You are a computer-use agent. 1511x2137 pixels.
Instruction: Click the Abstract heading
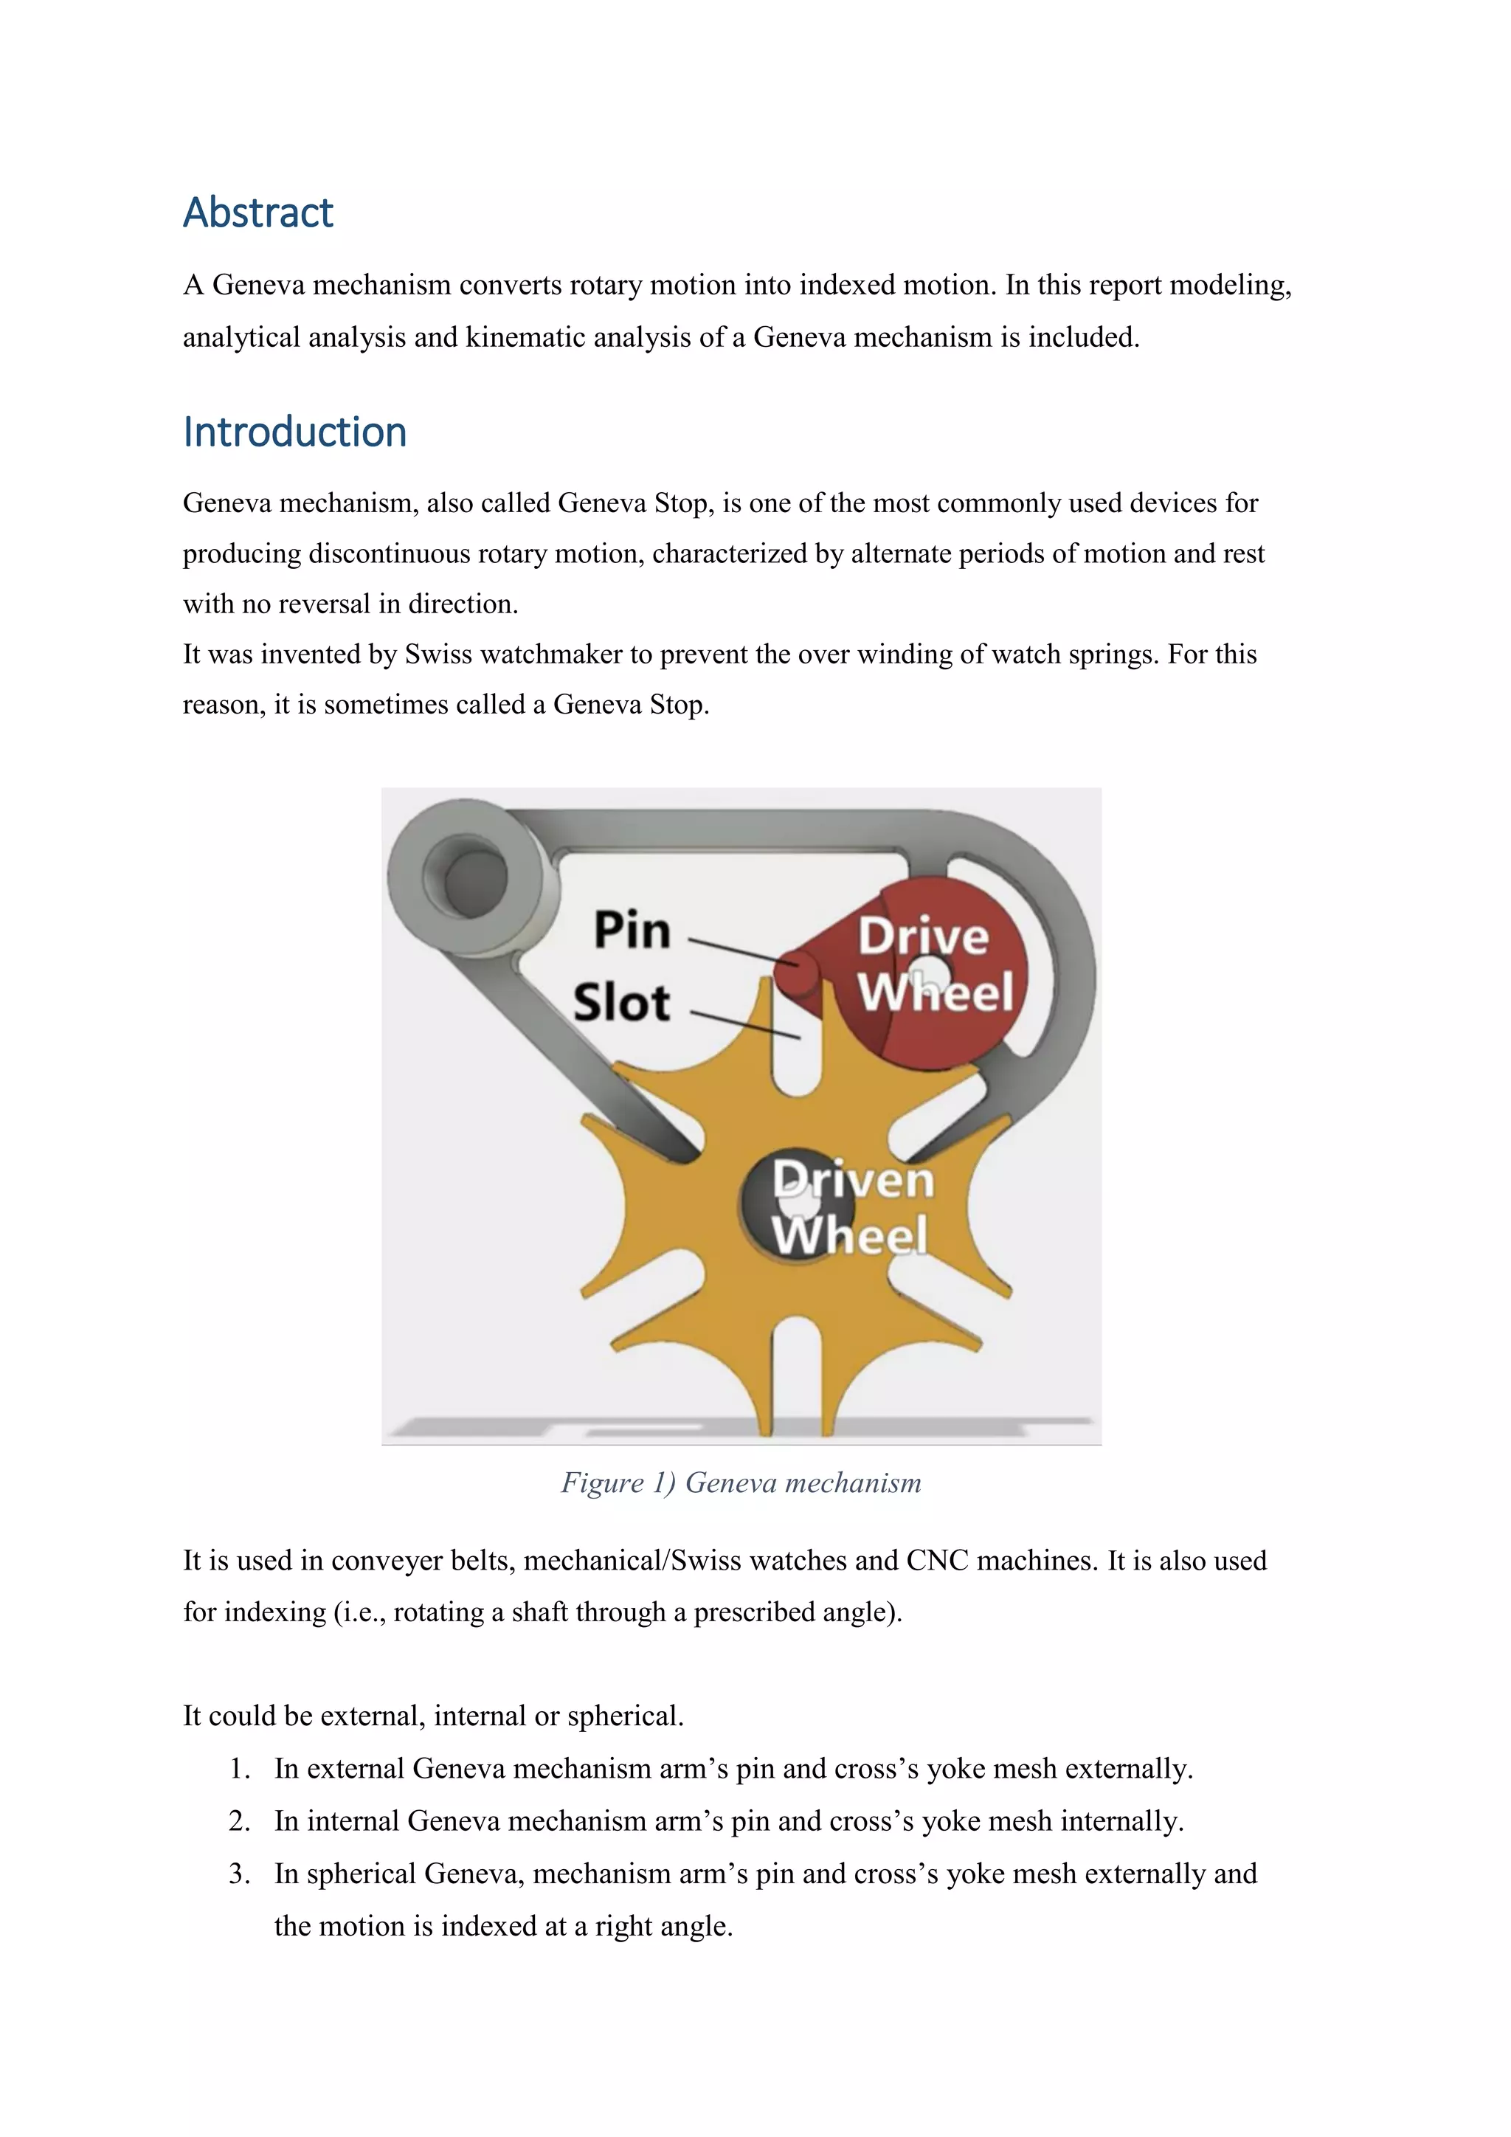coord(257,213)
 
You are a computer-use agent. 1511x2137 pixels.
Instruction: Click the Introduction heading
coord(295,432)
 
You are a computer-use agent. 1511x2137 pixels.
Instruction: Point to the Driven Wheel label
coord(851,1208)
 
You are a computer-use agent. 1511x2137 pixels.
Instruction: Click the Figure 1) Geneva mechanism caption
coord(741,1482)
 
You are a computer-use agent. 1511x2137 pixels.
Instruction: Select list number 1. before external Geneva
coord(240,1769)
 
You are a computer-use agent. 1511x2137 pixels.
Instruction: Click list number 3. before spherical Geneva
coord(240,1874)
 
